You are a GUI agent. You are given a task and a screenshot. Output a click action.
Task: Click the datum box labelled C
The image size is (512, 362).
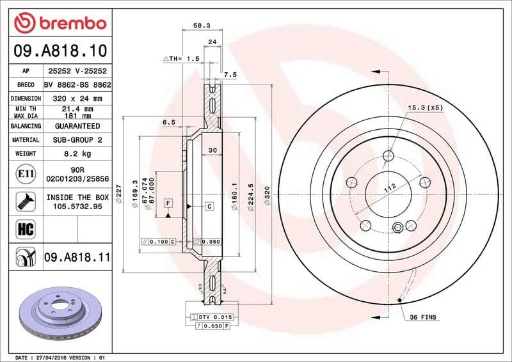click(x=209, y=206)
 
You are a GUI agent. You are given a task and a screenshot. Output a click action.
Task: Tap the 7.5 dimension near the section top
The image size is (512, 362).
click(x=230, y=75)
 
